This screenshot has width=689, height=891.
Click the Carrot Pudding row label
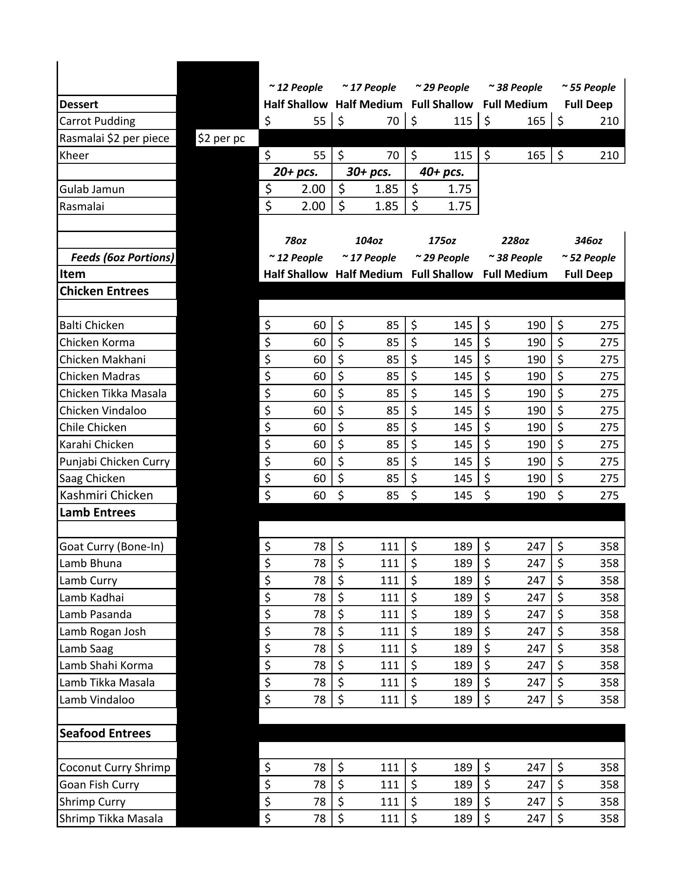coord(97,121)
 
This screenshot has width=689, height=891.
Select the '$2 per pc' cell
coord(221,138)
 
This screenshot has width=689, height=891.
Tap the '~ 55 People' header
coord(588,87)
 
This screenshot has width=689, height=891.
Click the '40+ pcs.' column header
coord(442,172)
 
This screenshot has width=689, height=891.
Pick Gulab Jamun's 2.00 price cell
coord(296,189)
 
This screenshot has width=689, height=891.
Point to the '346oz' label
coord(588,240)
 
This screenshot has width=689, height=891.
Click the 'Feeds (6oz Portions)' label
coord(123,258)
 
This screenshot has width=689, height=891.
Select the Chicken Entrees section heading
coord(104,291)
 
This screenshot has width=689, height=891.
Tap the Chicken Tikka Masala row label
coord(113,394)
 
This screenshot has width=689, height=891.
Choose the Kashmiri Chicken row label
coord(106,495)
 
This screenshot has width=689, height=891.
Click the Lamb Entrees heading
coord(97,512)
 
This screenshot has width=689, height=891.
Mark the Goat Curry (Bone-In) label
coord(111,547)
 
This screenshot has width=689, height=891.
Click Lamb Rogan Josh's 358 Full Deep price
coord(588,632)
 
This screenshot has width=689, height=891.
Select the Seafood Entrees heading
coord(105,733)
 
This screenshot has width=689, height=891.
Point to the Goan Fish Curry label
coord(99,785)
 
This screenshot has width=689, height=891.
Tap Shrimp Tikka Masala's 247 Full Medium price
coord(515,819)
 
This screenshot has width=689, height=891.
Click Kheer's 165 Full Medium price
coord(515,155)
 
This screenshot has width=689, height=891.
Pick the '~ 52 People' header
coord(588,258)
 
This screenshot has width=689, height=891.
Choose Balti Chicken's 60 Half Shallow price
coord(296,325)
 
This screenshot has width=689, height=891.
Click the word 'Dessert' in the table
coord(78,104)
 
